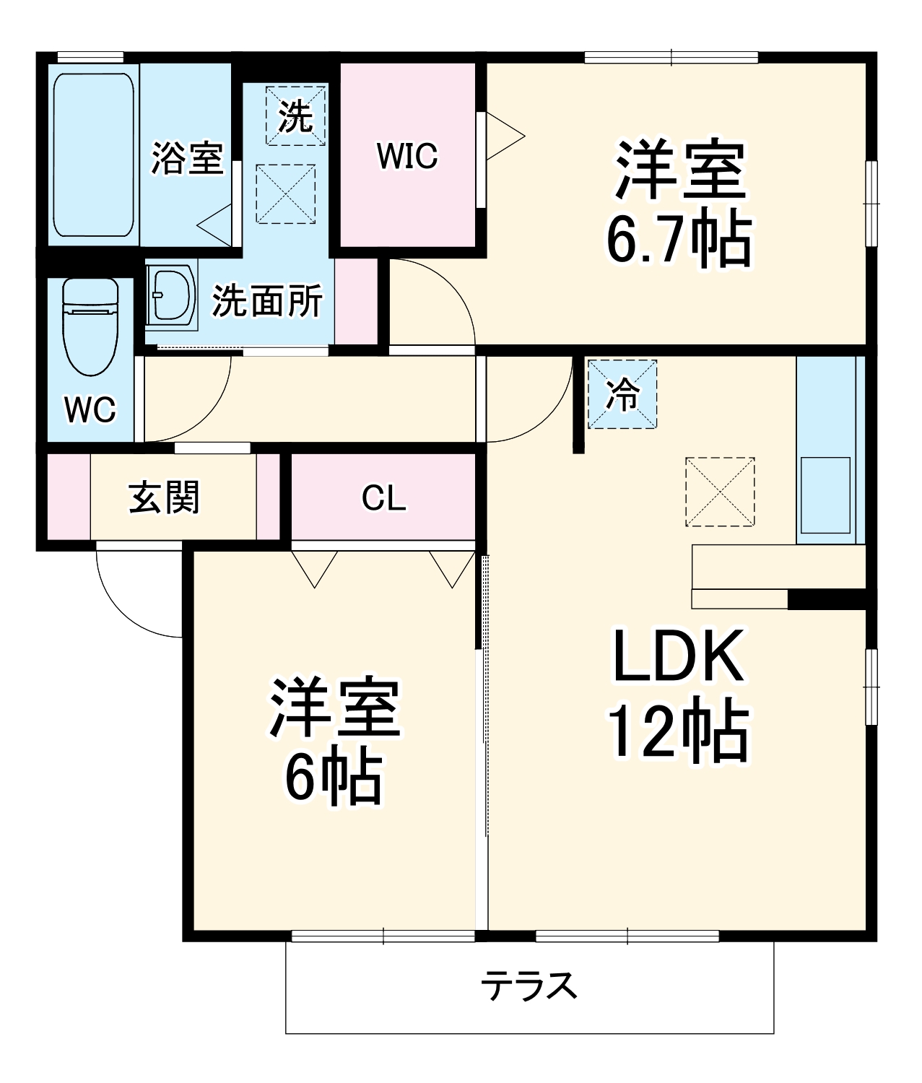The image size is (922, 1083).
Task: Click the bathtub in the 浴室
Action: tap(94, 155)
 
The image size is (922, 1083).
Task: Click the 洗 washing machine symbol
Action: tap(295, 116)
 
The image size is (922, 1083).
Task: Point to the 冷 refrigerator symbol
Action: tap(622, 394)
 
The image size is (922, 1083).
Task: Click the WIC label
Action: tap(407, 156)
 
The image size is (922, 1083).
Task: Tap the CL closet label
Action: tap(383, 497)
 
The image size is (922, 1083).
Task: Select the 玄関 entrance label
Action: tap(164, 497)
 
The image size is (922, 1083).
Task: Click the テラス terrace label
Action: tap(529, 986)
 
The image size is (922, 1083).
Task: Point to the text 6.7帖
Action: tap(679, 240)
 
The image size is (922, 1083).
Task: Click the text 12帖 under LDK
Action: tap(679, 731)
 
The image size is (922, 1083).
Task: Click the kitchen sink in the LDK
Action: tap(825, 495)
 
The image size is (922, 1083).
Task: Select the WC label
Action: tap(90, 410)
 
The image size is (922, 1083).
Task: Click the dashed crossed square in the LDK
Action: tap(720, 492)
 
